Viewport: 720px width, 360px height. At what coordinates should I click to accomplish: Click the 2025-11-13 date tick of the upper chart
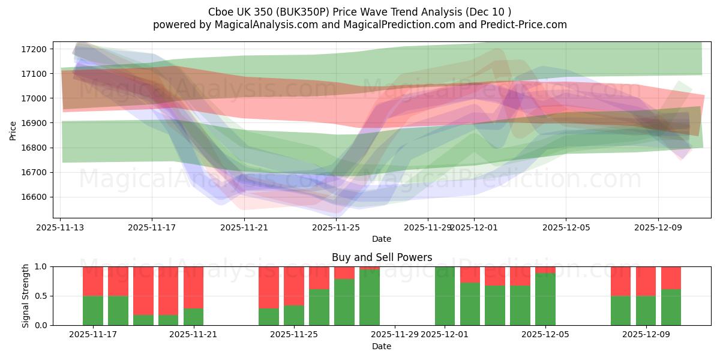tap(61, 227)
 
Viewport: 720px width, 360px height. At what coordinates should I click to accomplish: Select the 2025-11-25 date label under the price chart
tap(336, 227)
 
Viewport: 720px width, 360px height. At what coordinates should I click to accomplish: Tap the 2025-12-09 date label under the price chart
tap(658, 227)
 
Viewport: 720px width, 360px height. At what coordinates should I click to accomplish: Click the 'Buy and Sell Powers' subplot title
tap(382, 257)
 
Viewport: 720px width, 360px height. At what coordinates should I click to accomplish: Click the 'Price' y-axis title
tap(13, 130)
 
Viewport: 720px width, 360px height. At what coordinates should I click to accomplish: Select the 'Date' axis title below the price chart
tap(382, 239)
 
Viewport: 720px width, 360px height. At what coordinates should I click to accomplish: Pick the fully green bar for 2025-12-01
tap(445, 296)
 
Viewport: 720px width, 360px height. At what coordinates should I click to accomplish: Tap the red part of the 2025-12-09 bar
tap(646, 281)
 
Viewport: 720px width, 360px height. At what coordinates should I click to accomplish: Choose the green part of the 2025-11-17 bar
tap(93, 311)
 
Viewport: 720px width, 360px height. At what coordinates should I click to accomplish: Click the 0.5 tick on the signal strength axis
tap(43, 296)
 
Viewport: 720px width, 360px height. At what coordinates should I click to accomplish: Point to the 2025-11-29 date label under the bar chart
tap(395, 334)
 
